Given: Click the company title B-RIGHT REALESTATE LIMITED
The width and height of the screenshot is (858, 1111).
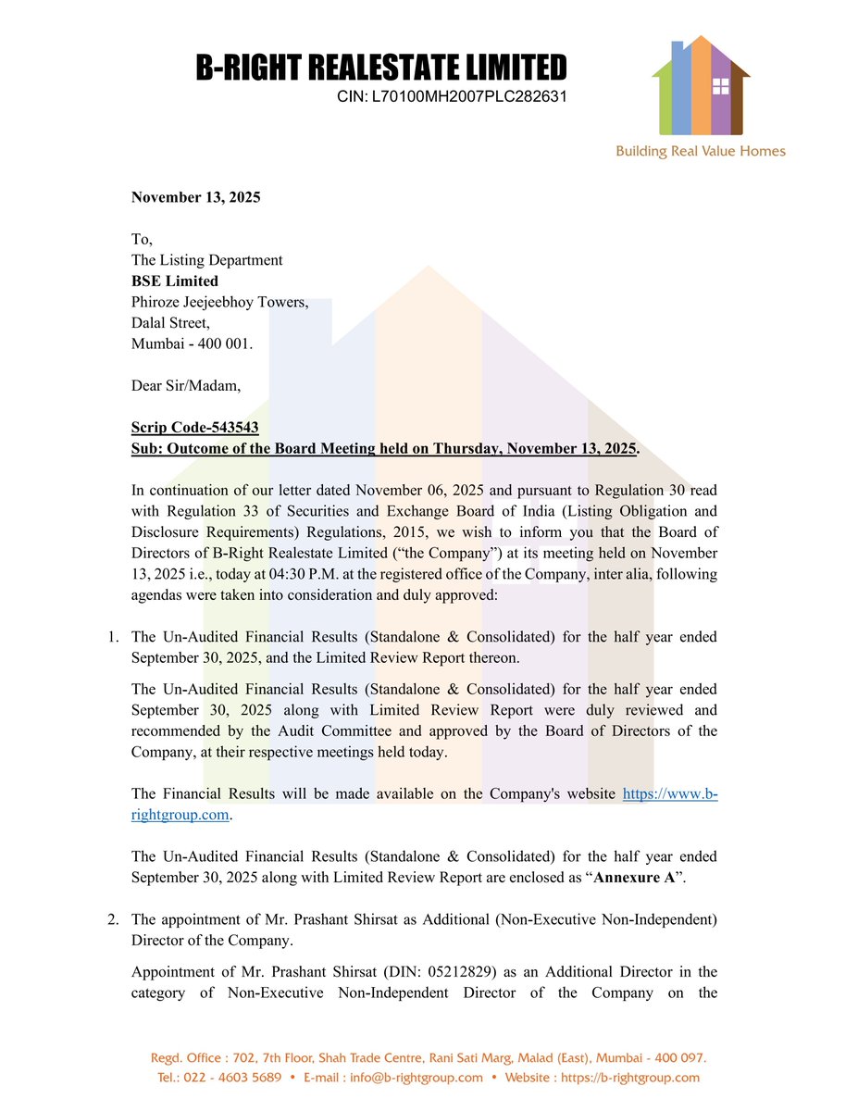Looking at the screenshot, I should click(x=380, y=69).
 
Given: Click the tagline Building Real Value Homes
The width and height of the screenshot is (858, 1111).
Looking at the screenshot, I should click(x=701, y=151).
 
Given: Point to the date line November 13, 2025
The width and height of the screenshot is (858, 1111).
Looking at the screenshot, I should click(x=195, y=197).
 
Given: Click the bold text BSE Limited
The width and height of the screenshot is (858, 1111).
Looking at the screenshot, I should click(x=175, y=281).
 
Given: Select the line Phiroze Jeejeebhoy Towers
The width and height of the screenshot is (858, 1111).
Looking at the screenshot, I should click(x=219, y=302).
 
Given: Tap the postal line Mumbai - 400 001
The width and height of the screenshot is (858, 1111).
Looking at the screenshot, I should click(x=192, y=343).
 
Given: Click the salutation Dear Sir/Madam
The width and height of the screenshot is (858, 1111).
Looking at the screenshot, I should click(x=186, y=385).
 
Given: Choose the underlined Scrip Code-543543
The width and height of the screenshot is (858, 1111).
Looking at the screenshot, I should click(x=194, y=428).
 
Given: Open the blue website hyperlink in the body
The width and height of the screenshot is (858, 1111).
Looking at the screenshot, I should click(x=669, y=794).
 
